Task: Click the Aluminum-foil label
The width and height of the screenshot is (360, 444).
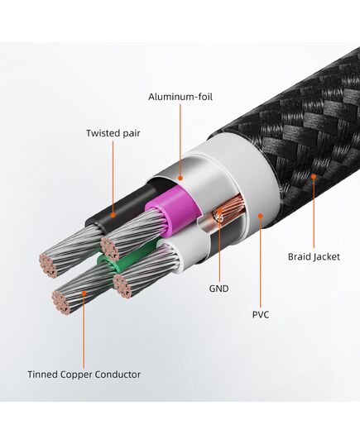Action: [x=180, y=97]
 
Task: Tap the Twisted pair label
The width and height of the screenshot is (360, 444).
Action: [x=113, y=133]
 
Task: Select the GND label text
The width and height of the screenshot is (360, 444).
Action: [x=218, y=289]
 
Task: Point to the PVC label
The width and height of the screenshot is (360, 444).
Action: [x=261, y=314]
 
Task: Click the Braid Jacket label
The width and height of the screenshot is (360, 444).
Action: [x=314, y=257]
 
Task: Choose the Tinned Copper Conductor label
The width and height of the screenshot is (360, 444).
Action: [x=84, y=375]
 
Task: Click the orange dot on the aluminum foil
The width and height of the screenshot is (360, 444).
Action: [x=180, y=178]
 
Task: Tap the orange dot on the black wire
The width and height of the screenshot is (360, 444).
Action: [x=113, y=215]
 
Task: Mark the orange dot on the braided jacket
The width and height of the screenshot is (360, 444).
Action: [x=314, y=176]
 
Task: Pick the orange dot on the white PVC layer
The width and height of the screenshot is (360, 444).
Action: [x=261, y=216]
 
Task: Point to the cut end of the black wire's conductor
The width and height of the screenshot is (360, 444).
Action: [x=48, y=266]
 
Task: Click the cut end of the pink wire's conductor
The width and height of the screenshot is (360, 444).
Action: [x=110, y=249]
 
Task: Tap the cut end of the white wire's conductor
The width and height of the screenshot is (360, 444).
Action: [x=122, y=287]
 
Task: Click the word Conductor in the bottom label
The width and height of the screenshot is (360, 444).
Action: [x=118, y=375]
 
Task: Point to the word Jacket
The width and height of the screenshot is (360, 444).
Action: [x=326, y=257]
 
